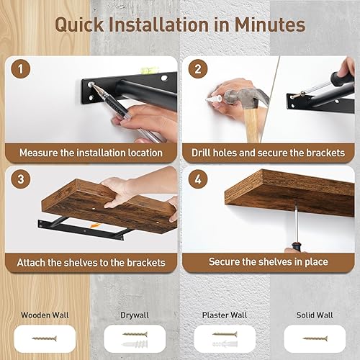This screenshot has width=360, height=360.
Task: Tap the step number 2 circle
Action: [197, 71]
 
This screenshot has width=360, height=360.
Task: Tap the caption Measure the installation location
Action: [91, 153]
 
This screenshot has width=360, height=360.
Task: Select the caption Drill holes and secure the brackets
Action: [268, 153]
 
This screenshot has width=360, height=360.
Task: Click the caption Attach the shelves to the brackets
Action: [91, 262]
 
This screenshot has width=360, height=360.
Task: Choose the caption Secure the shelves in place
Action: [268, 262]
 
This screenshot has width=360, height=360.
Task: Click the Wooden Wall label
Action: [46, 315]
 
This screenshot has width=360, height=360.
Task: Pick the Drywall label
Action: [135, 315]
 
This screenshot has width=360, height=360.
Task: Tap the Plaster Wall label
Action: [224, 315]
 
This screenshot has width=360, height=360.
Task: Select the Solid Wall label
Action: [314, 315]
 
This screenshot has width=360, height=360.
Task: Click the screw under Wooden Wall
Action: [46, 336]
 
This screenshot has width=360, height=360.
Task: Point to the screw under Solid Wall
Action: [314, 337]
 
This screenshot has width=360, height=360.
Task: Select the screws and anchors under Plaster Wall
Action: [224, 336]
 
